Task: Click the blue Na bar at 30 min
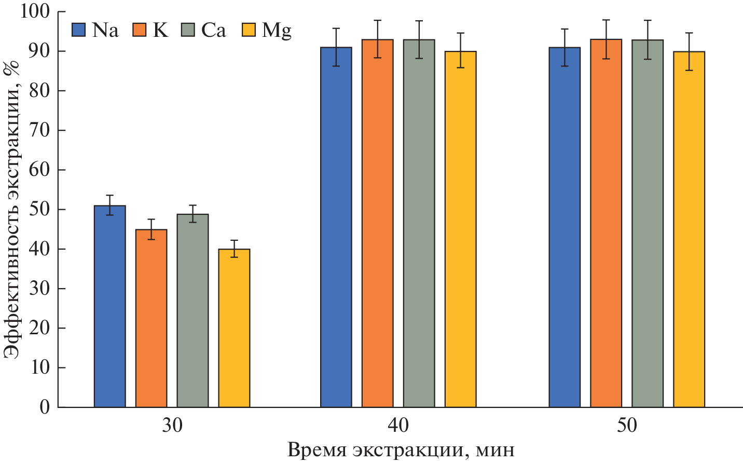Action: [109, 306]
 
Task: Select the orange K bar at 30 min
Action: [151, 318]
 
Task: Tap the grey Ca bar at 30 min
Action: [192, 310]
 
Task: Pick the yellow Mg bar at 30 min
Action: [234, 328]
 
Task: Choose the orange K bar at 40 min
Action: [377, 223]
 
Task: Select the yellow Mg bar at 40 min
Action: [460, 229]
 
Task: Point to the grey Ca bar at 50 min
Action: [647, 223]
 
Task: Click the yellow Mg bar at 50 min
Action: [689, 229]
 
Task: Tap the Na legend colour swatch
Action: [79, 30]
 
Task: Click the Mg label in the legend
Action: [277, 31]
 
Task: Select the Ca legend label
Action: [214, 30]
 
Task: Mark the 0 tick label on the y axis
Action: [45, 407]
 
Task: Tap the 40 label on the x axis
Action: [398, 426]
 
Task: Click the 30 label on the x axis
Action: [172, 426]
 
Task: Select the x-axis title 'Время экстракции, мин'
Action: [401, 450]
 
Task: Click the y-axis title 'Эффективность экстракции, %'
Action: [12, 208]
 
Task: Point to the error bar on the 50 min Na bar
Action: [565, 47]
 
